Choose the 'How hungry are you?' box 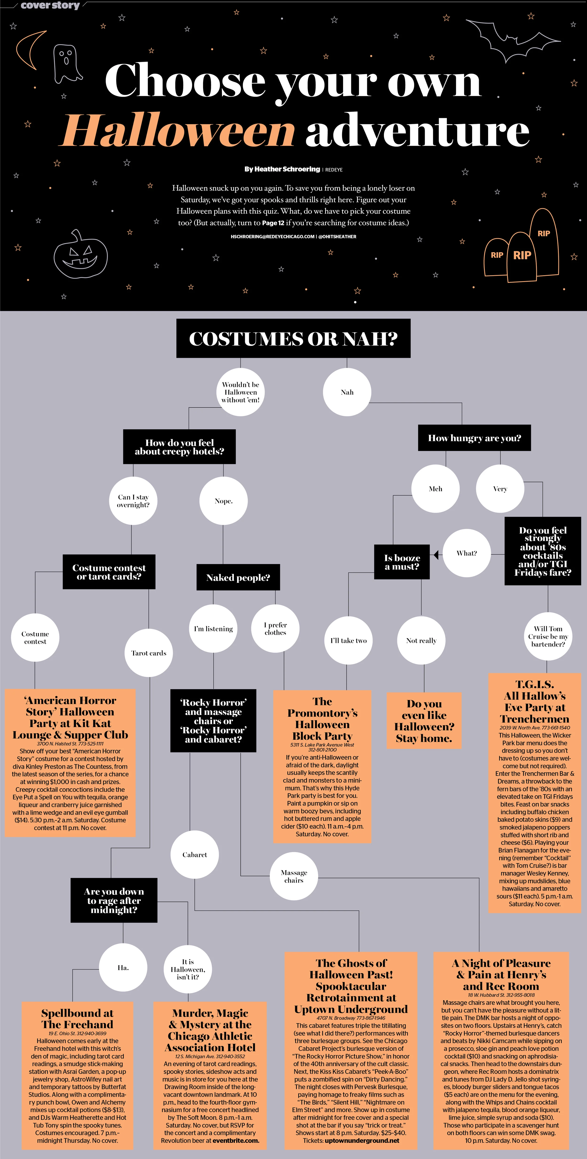tap(475, 438)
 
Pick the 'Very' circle tap(500, 489)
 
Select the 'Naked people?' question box tap(238, 577)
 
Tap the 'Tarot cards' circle tap(149, 653)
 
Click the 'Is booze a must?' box tap(402, 562)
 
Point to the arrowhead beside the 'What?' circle tap(436, 554)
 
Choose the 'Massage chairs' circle tap(294, 876)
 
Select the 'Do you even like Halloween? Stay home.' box tap(424, 721)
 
